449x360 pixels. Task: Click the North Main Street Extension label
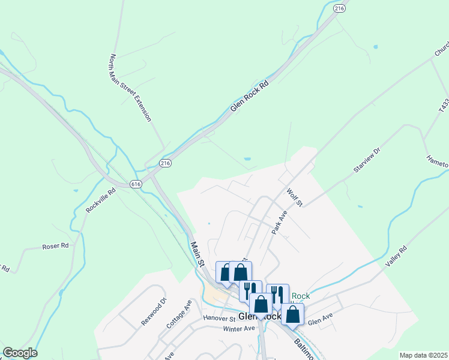(130, 88)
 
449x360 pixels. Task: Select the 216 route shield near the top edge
(340, 8)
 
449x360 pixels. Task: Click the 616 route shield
(136, 184)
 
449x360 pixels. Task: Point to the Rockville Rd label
(100, 202)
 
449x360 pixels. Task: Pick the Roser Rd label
(55, 246)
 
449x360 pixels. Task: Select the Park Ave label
(280, 221)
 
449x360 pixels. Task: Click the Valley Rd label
(396, 256)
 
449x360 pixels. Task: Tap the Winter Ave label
(239, 329)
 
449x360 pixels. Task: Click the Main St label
(198, 254)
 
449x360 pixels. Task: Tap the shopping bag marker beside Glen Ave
(292, 314)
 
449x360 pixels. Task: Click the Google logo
(20, 353)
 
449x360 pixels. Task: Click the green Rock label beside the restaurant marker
(301, 296)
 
